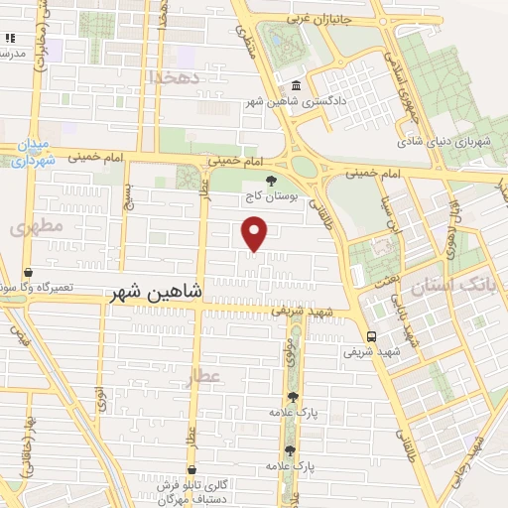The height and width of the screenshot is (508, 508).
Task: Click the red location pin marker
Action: coord(255,232)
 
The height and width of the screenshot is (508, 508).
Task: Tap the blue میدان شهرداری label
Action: coord(30,152)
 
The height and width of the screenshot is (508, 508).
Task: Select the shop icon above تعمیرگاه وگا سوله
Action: coord(28,272)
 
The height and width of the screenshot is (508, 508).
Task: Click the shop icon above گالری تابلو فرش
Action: coord(191,469)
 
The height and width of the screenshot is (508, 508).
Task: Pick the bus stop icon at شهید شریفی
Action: coord(371,335)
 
